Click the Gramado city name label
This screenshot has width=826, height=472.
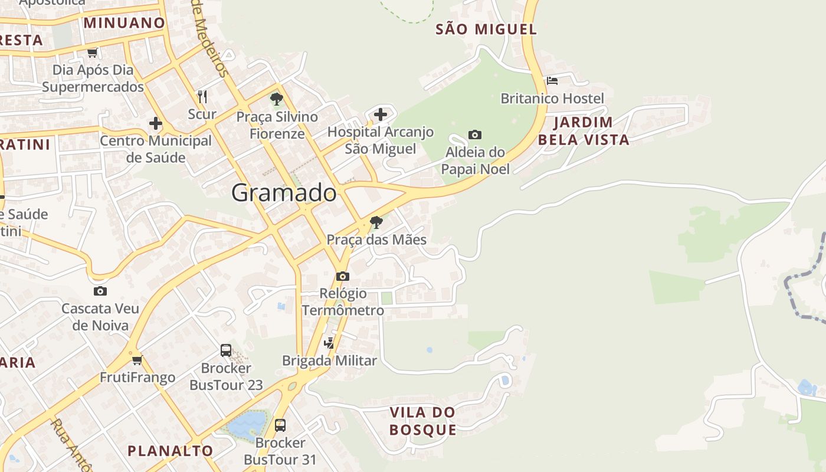click(284, 193)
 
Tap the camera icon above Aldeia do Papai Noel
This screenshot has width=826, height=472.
click(475, 135)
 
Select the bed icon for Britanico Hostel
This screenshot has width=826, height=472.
click(552, 81)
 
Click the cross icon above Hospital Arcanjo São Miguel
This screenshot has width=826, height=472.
click(381, 114)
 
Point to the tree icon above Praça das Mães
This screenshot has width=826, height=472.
click(376, 222)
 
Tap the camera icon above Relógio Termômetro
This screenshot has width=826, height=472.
click(343, 276)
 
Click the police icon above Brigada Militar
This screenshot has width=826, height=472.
click(329, 343)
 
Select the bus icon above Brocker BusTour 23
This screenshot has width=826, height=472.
click(226, 350)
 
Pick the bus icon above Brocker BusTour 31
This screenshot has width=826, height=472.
click(280, 425)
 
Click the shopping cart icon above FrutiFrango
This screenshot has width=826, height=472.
click(137, 360)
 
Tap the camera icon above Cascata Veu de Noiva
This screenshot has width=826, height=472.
click(100, 291)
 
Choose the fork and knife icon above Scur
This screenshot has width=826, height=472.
click(202, 96)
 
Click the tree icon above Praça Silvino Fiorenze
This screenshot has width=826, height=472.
click(276, 99)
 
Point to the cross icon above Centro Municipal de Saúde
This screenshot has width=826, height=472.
click(156, 123)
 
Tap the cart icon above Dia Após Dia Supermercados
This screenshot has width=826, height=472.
click(92, 53)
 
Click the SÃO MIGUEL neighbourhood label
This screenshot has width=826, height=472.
click(486, 29)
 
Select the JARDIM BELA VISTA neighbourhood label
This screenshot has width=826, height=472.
click(584, 131)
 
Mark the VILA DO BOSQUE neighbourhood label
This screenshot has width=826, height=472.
click(422, 421)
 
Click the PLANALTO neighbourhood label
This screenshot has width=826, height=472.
click(171, 451)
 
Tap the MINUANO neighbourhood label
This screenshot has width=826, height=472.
click(124, 23)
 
